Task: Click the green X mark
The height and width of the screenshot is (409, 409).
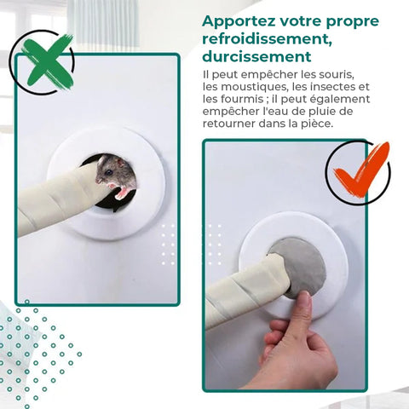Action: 48,60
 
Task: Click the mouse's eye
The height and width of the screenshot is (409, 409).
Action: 109,172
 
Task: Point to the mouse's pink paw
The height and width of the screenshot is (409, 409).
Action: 122,193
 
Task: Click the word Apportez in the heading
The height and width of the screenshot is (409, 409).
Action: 239,22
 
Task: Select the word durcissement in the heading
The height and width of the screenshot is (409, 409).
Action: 256,56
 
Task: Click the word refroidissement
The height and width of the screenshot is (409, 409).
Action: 267,39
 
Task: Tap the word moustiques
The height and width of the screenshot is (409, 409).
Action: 254,87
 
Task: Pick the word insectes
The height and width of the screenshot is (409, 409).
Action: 324,87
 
